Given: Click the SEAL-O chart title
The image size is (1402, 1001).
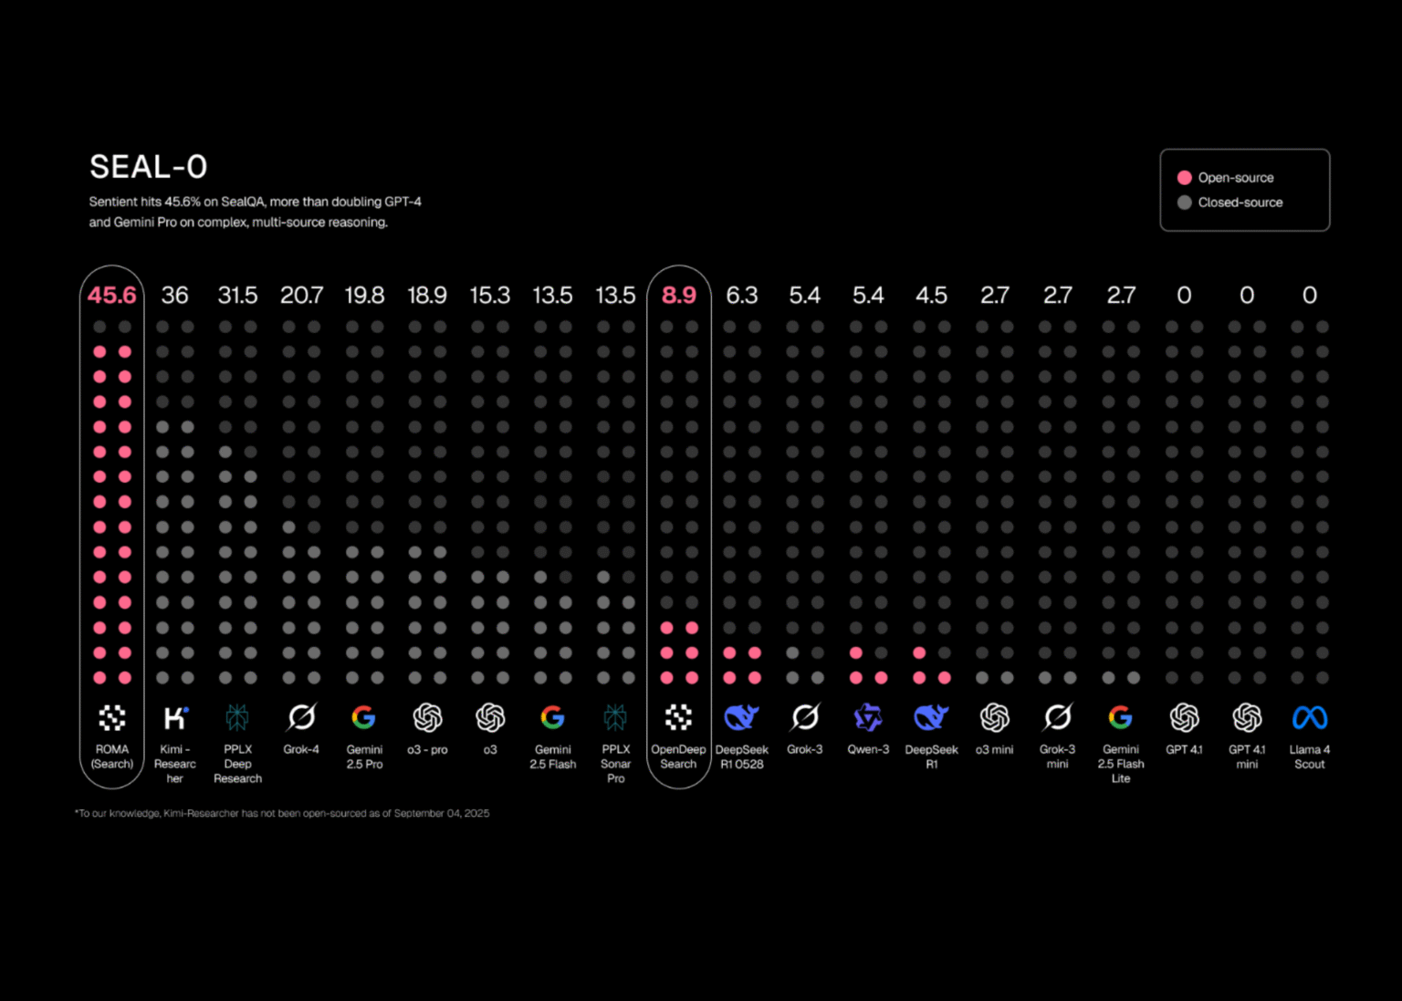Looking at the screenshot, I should tap(149, 167).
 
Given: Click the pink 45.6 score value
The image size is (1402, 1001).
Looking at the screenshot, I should tap(111, 296).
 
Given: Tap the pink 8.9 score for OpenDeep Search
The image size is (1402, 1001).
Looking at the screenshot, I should tap(678, 296).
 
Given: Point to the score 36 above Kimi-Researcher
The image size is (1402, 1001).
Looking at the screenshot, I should tap(174, 296).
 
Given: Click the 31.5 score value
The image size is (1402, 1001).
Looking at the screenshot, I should tap(237, 296).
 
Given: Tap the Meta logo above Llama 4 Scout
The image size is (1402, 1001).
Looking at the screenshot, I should tap(1309, 718).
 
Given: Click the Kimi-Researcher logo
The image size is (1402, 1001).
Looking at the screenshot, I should tap(175, 718).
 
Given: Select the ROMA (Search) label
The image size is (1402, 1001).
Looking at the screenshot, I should tap(112, 756).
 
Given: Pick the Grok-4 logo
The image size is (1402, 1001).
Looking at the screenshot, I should tap(301, 718).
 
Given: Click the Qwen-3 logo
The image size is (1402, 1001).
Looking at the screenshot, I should tap(867, 718).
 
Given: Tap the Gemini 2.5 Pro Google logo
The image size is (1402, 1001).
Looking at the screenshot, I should tap(363, 718).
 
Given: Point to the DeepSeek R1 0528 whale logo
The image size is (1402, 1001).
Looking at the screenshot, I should tap(741, 718).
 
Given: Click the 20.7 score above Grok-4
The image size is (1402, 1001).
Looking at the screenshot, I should tap(301, 296).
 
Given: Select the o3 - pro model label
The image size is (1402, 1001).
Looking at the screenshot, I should tap(427, 750).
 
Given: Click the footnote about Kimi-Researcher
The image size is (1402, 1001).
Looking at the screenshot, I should tap(282, 813).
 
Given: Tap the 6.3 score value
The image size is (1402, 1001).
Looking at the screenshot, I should tap(741, 296).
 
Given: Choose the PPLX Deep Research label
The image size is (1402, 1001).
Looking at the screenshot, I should tap(237, 764).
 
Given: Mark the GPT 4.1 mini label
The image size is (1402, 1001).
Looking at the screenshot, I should tap(1247, 756).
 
